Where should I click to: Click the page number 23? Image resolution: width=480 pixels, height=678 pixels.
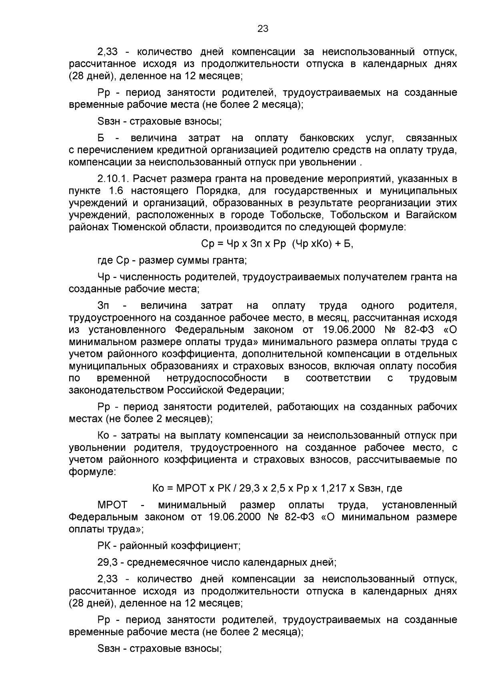(x=263, y=28)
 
